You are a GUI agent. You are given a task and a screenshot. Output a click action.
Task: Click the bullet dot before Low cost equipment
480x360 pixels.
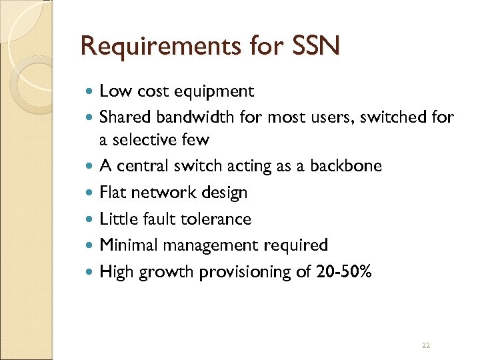pos(91,91)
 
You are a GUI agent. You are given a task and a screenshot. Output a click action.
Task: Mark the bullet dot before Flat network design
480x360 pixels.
pos(91,193)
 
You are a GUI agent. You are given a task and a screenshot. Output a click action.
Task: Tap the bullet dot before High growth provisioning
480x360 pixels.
pos(91,272)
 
